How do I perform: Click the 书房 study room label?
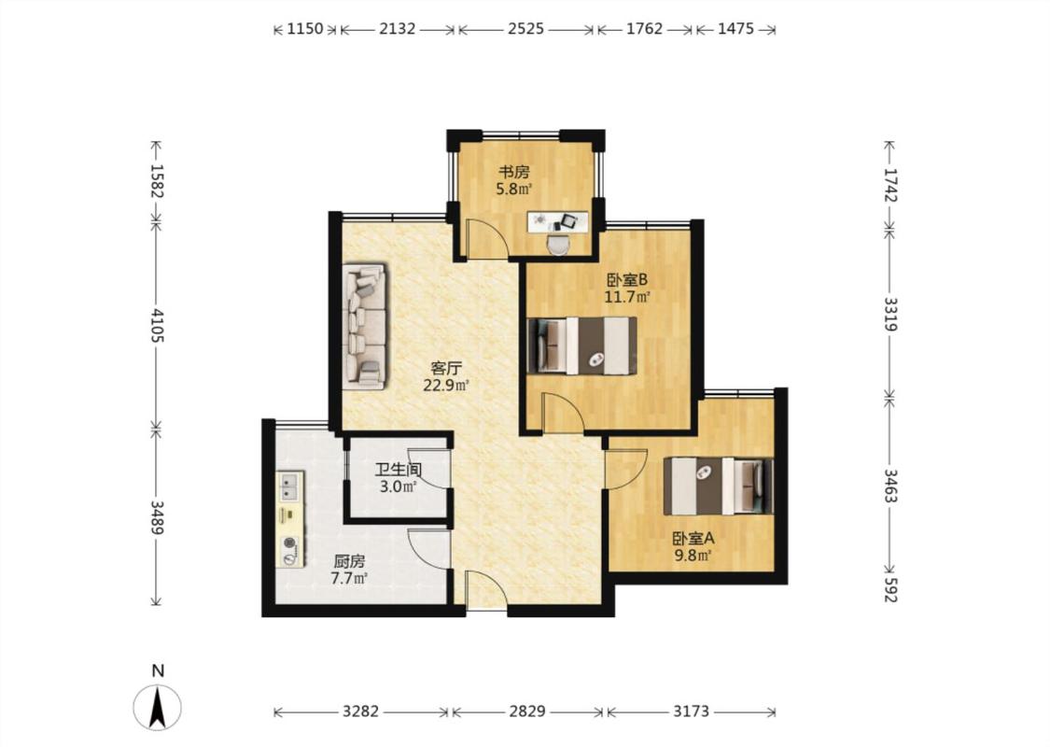pos(513,172)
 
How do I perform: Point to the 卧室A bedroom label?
pos(693,538)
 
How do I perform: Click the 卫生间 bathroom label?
pos(398,471)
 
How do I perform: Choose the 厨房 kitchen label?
pos(349,561)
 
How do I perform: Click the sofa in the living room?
pos(364,326)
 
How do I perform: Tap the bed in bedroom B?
pos(581,345)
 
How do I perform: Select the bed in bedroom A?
pos(719,486)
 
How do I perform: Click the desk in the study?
pos(558,221)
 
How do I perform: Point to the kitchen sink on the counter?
pos(290,486)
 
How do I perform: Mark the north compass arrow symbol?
pos(158,708)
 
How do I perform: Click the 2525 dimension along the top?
pos(525,29)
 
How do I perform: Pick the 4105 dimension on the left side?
pos(157,325)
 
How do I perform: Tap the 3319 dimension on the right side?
pos(890,315)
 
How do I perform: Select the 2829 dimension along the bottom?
pos(527,712)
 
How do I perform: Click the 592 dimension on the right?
pos(890,590)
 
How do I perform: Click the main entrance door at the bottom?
pos(486,590)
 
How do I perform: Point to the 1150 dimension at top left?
pos(304,29)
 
